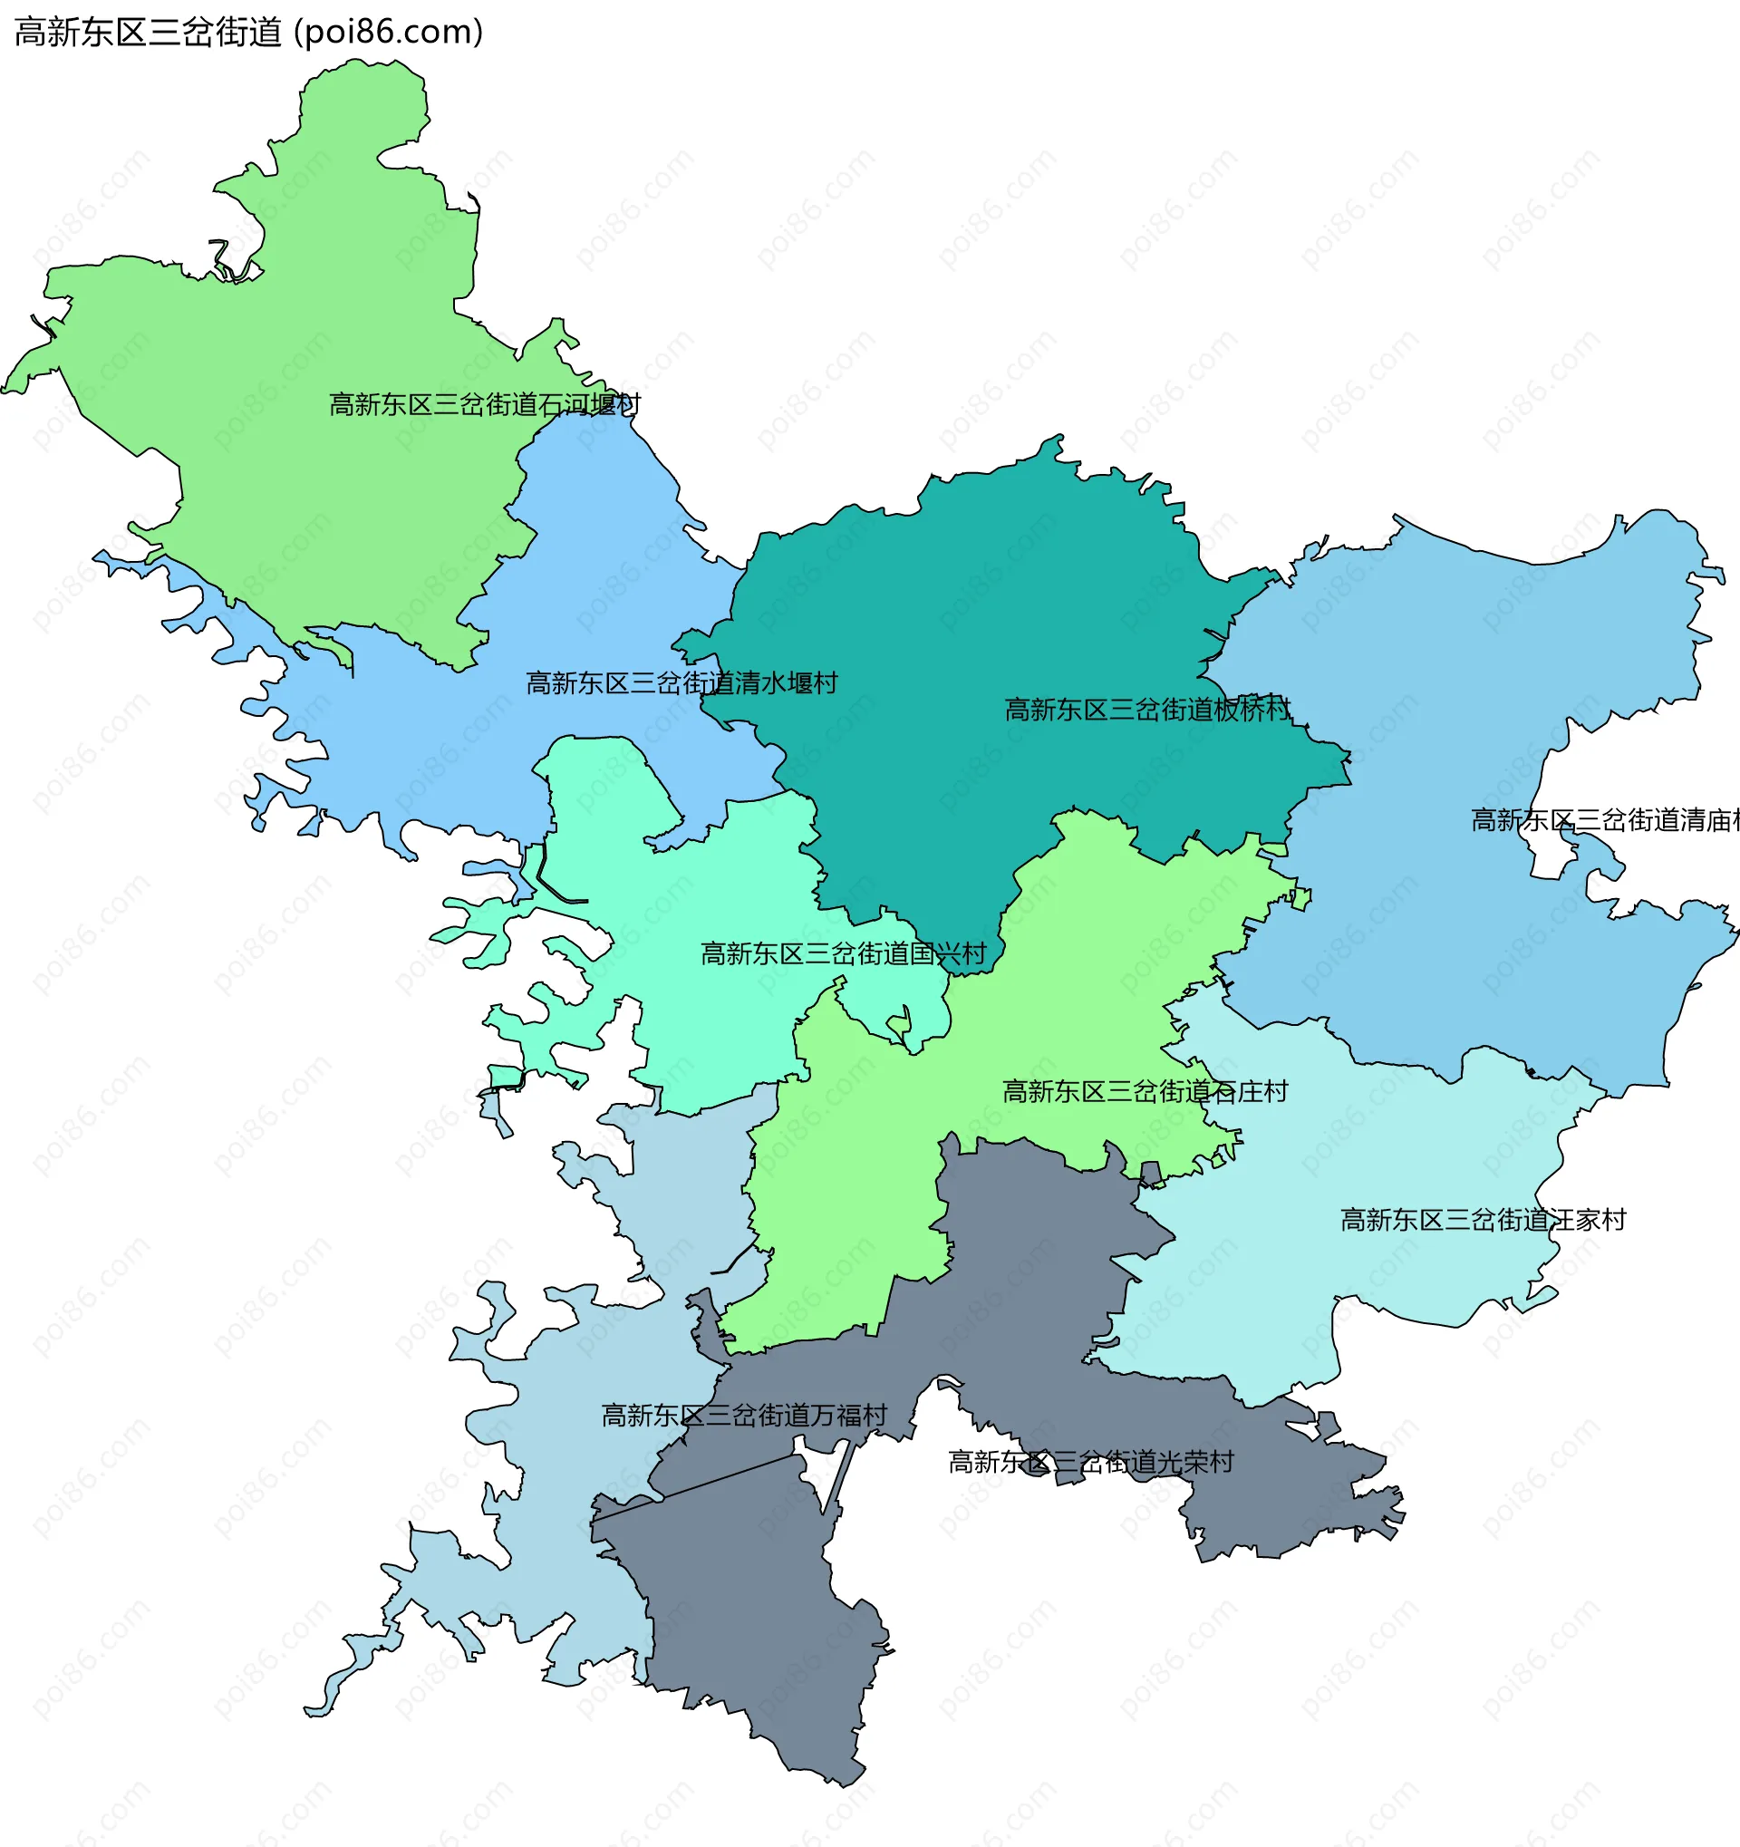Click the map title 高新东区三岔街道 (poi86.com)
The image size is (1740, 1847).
[x=248, y=33]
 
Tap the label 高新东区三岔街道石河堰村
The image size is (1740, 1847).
[x=484, y=405]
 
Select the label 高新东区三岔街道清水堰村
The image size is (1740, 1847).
[x=681, y=684]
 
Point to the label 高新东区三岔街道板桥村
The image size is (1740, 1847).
[x=1146, y=711]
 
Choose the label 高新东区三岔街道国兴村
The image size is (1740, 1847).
[x=843, y=954]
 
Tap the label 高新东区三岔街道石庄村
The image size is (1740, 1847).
[x=1145, y=1092]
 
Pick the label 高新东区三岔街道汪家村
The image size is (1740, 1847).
[x=1483, y=1220]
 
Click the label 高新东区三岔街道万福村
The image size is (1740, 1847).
[x=744, y=1416]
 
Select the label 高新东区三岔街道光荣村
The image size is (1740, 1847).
[x=1090, y=1463]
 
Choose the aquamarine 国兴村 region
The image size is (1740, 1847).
[x=706, y=1022]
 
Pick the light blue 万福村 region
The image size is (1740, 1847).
[x=557, y=1533]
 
